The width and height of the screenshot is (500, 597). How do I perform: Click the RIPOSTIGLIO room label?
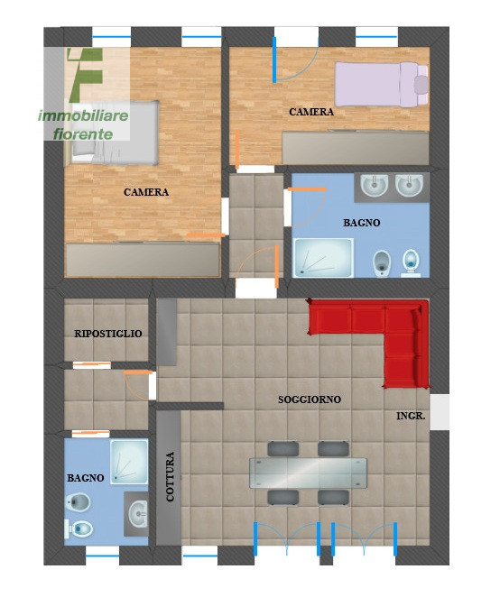108,334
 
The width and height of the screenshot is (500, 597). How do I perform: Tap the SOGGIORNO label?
310,399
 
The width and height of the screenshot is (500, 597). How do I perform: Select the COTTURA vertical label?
170,476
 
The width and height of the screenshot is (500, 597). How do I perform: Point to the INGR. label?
411,417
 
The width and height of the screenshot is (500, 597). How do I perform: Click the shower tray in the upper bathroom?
323,258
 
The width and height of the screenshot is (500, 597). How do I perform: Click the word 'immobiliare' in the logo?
83,116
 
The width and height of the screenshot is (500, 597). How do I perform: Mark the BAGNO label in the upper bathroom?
361,222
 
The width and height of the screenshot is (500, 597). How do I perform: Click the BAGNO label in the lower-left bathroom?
86,477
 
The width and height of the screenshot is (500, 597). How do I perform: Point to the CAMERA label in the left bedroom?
146,192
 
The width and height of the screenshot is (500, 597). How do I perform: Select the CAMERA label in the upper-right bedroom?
311,113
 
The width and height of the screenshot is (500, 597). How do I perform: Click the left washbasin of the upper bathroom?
375,187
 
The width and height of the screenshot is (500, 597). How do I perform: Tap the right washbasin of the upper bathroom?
409,187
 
